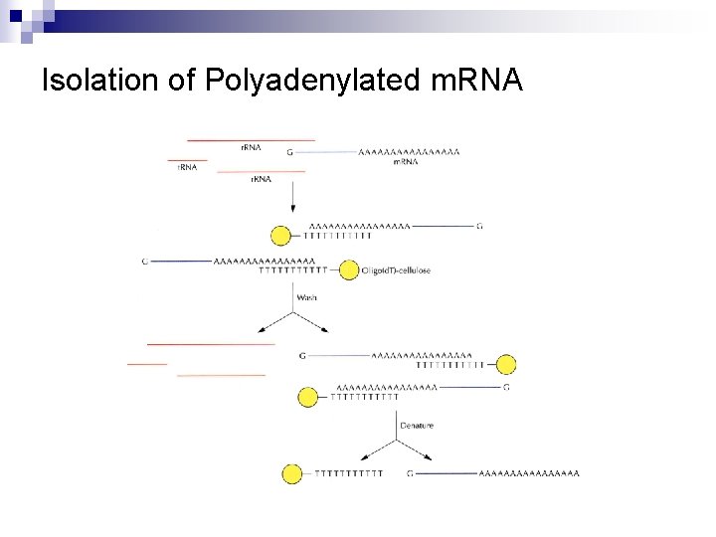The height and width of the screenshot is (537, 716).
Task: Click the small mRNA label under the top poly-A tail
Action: (x=405, y=161)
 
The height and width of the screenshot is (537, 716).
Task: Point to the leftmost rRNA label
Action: (x=187, y=168)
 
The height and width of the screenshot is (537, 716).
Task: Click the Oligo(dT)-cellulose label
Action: (x=397, y=270)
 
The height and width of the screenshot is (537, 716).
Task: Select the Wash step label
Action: (x=307, y=298)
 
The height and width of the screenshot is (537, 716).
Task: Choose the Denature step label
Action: (x=417, y=426)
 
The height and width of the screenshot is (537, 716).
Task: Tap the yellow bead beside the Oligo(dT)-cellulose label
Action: (x=349, y=269)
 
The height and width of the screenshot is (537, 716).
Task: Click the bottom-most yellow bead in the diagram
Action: (x=292, y=473)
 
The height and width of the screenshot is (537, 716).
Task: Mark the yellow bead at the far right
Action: (x=506, y=364)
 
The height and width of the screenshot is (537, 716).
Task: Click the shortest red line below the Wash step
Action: (x=147, y=364)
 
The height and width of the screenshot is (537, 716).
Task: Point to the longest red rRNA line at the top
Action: (x=251, y=140)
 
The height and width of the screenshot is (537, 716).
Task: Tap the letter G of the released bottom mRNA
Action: (x=410, y=473)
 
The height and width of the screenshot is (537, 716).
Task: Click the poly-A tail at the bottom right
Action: (x=528, y=473)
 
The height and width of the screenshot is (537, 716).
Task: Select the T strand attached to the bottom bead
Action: (x=348, y=473)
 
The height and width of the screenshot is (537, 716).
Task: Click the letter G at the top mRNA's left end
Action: (x=289, y=152)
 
